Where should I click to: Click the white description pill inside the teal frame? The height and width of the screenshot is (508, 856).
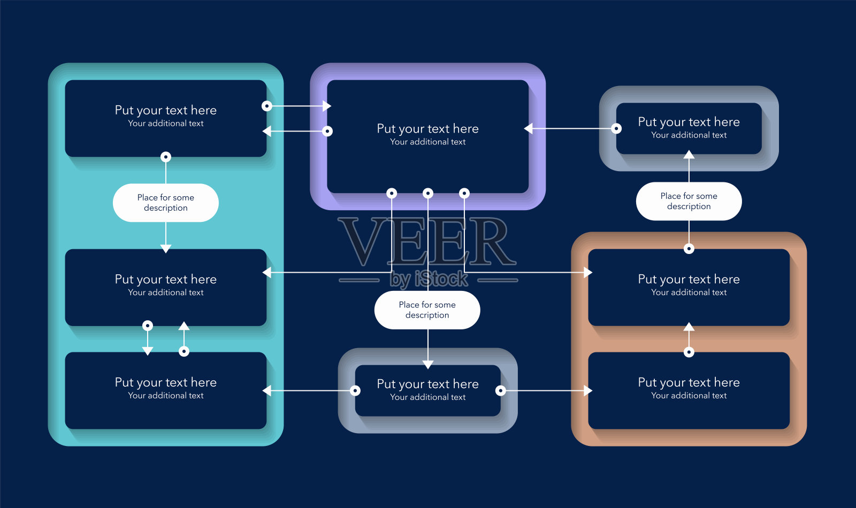click(x=166, y=203)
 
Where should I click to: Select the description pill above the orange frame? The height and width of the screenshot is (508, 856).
click(x=689, y=201)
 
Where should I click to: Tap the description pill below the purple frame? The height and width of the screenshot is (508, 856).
click(x=427, y=310)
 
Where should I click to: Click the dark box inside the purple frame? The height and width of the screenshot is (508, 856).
click(x=427, y=136)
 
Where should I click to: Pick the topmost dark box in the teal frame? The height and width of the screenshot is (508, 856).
click(x=166, y=118)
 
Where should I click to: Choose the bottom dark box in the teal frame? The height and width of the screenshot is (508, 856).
click(x=166, y=390)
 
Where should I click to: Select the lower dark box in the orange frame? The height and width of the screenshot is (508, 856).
click(x=689, y=390)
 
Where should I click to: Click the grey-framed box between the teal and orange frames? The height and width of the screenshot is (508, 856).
click(x=427, y=390)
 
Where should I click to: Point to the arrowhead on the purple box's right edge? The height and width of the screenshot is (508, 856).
click(x=529, y=128)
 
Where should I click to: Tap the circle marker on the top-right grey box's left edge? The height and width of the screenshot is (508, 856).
click(x=616, y=128)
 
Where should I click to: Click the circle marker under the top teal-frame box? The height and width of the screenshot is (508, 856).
click(x=166, y=157)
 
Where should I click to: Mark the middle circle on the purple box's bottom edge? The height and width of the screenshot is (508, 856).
click(x=428, y=193)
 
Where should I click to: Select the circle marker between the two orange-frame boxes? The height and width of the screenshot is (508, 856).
click(x=689, y=352)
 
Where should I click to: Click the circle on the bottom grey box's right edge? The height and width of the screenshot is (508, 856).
click(x=501, y=390)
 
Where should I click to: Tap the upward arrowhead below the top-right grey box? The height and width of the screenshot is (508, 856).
click(x=689, y=155)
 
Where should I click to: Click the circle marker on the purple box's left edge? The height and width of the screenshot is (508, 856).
click(x=327, y=131)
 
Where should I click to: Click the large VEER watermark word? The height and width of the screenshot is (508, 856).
click(x=427, y=242)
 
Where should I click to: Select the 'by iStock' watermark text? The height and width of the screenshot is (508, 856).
click(x=429, y=279)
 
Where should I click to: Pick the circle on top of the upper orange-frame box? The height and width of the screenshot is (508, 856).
click(x=689, y=249)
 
